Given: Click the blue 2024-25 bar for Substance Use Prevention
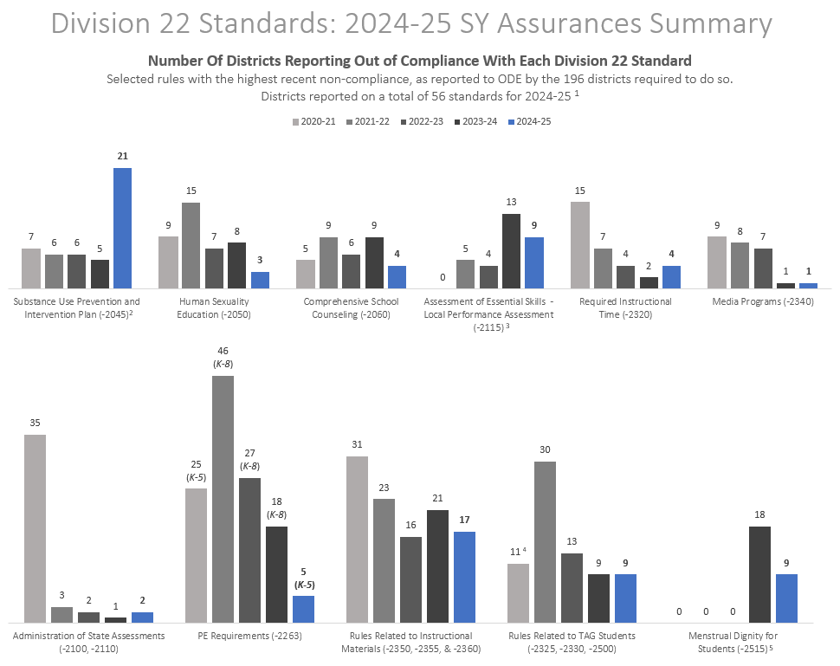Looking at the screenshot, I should [122, 228].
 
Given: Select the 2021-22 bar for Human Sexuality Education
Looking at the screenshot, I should [191, 245].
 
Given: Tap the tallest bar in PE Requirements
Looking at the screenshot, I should [223, 499].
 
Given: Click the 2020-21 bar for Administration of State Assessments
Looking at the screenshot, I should [36, 528].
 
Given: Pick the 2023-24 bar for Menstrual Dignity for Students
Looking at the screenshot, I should [759, 574].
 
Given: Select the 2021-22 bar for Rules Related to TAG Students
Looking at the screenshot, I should [545, 541].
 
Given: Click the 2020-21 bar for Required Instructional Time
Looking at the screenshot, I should [580, 245].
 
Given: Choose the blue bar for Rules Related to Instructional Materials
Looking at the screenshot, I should [464, 577].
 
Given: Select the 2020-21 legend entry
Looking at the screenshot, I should [315, 122].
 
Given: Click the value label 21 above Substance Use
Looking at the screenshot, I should [122, 156].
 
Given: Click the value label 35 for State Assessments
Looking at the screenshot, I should [36, 423].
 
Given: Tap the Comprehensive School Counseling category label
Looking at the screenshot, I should [351, 307].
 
